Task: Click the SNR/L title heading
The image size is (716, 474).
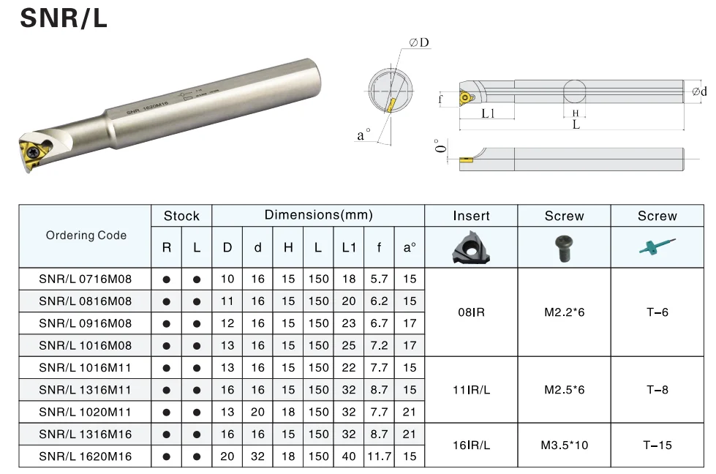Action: point(64,18)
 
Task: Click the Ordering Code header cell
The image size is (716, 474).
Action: point(86,236)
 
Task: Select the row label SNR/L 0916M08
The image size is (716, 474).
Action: point(85,323)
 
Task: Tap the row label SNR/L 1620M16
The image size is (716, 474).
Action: point(85,456)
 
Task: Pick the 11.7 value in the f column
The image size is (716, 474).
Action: point(379,456)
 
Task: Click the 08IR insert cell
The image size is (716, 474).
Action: point(471,312)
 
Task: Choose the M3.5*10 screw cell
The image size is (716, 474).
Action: point(565,445)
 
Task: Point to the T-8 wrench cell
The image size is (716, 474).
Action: point(657,390)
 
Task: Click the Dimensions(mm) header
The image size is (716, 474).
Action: point(318,215)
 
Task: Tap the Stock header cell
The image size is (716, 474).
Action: point(181,216)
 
